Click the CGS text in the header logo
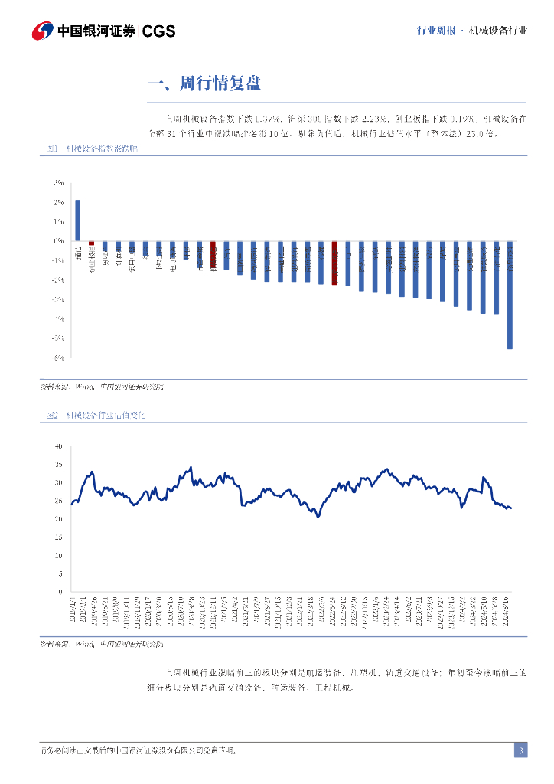(x=159, y=31)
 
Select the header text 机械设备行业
(x=499, y=31)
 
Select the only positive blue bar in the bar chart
(x=78, y=220)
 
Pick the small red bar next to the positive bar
(x=92, y=243)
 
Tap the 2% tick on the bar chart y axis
(x=58, y=202)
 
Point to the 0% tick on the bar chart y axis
(x=58, y=241)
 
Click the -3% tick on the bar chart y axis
(x=58, y=299)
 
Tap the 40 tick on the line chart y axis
(x=58, y=446)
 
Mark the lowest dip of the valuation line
(x=318, y=517)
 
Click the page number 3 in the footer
(x=520, y=750)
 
